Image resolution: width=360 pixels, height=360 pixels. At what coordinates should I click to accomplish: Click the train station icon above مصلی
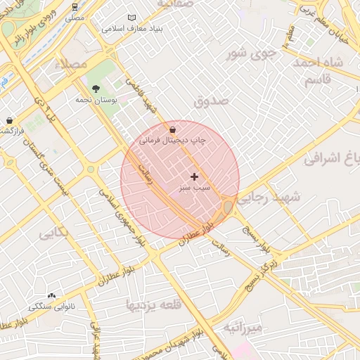(75, 6)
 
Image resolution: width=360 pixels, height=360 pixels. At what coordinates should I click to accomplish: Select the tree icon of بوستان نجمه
(96, 89)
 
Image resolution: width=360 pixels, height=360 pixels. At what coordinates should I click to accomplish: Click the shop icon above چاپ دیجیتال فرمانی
(173, 129)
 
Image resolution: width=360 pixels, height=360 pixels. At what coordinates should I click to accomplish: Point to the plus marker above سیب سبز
(194, 176)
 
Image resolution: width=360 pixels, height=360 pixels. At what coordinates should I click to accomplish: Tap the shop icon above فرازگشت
(8, 121)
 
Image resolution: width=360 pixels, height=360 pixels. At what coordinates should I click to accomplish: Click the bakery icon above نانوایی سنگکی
(51, 296)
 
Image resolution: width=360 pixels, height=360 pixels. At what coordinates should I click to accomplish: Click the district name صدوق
(211, 101)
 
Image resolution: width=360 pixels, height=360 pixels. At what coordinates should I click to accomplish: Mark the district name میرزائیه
(243, 328)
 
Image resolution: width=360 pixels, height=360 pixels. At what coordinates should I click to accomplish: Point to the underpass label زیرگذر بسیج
(261, 276)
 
